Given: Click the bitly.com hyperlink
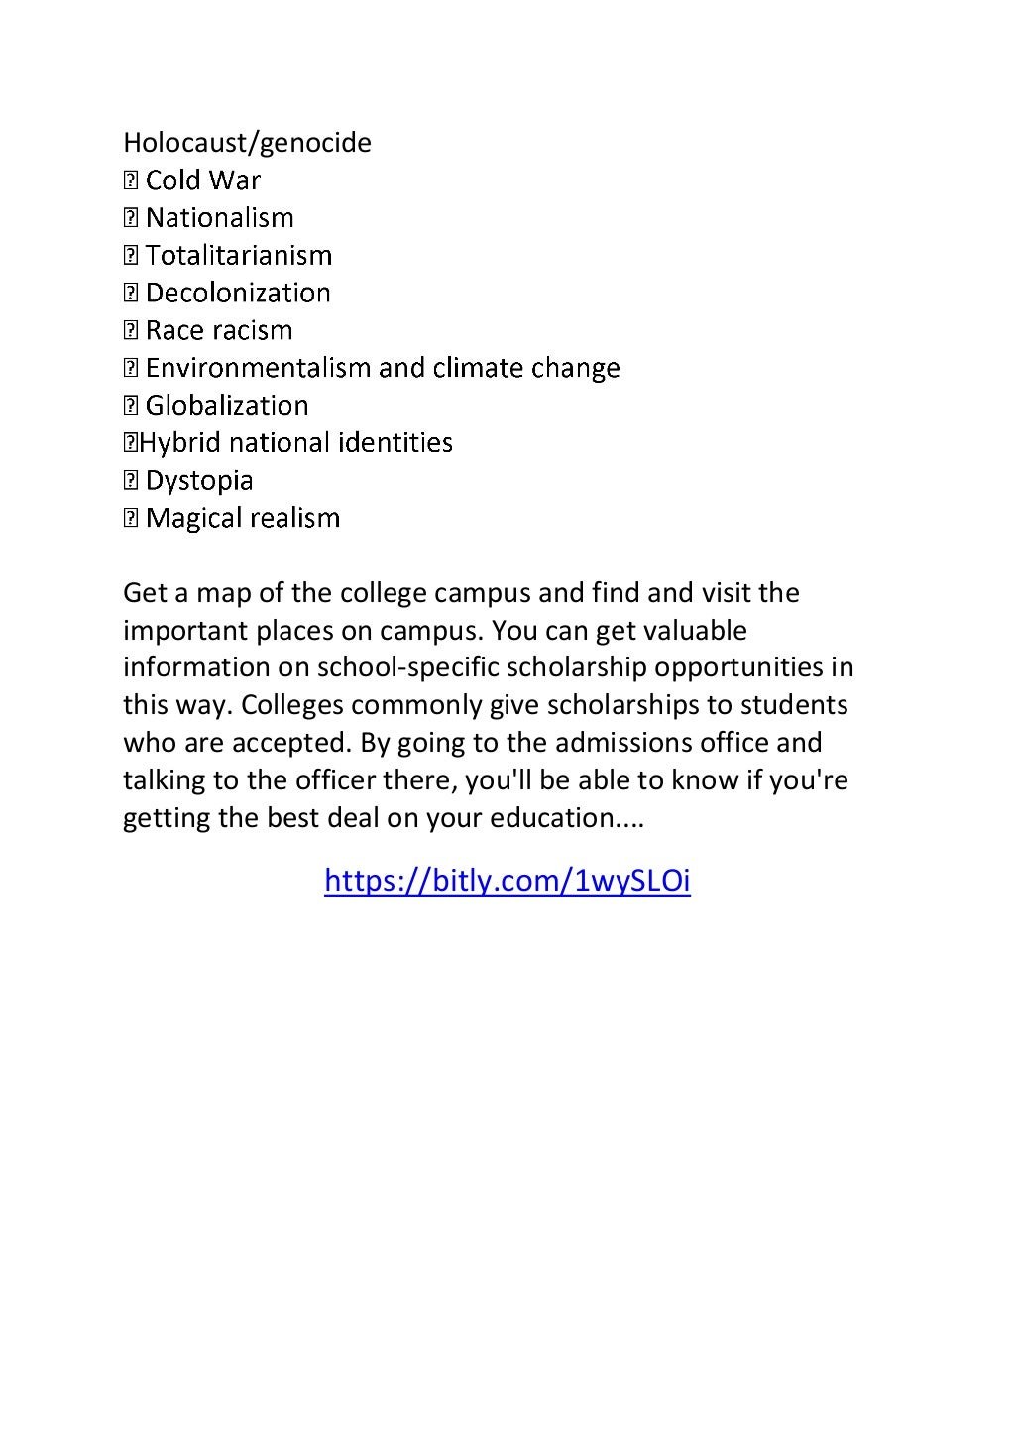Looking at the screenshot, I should point(507,881).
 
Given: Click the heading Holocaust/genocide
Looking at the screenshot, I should point(247,143).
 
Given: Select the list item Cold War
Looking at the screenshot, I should point(202,180).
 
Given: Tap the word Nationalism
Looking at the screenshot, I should point(219,218).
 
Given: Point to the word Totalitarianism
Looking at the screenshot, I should point(238,256).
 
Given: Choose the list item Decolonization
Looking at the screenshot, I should point(237,294).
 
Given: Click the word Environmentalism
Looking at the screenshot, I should point(258,368).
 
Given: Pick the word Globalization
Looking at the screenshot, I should point(226,406).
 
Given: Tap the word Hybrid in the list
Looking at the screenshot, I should point(180,443).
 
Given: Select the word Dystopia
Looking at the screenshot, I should point(198,481).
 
